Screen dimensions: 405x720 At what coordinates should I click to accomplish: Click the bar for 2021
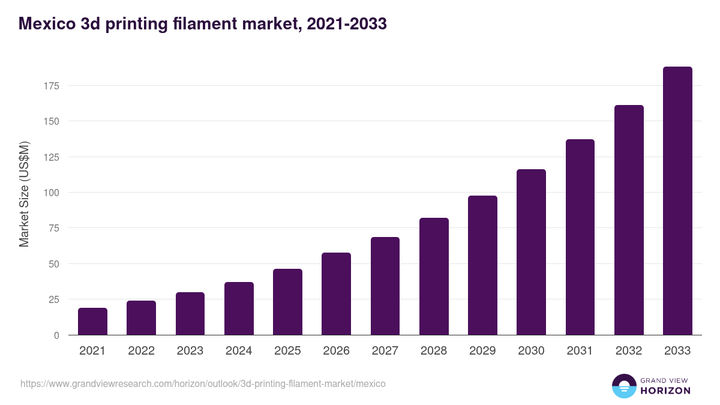coord(92,322)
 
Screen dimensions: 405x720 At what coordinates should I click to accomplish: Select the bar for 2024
coord(239,308)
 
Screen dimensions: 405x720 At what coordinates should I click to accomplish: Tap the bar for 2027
coord(385,286)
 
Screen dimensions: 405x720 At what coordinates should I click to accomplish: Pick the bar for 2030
coord(531,252)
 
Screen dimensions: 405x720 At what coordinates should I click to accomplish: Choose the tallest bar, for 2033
coord(677,201)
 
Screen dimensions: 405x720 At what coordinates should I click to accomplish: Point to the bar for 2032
coord(629,220)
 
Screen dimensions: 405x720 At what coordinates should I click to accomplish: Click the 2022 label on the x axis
coord(141,351)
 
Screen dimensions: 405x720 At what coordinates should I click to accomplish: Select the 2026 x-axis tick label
coord(336,351)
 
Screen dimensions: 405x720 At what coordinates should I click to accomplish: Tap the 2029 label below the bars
coord(482,351)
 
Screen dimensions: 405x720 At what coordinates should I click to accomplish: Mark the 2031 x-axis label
coord(580,351)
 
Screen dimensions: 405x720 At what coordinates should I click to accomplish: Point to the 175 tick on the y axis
coord(51,86)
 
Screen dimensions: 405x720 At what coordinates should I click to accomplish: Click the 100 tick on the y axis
coord(51,193)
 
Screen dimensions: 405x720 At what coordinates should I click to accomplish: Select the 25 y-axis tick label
coord(53,299)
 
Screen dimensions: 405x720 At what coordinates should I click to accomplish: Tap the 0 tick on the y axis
coord(56,335)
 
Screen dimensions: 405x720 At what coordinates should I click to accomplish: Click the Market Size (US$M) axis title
coord(24,194)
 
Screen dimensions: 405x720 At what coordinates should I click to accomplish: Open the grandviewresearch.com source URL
coord(203,383)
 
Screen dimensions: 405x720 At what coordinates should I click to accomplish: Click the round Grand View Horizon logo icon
coord(623,386)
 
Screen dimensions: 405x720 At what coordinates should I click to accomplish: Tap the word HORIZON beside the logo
coord(664,391)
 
